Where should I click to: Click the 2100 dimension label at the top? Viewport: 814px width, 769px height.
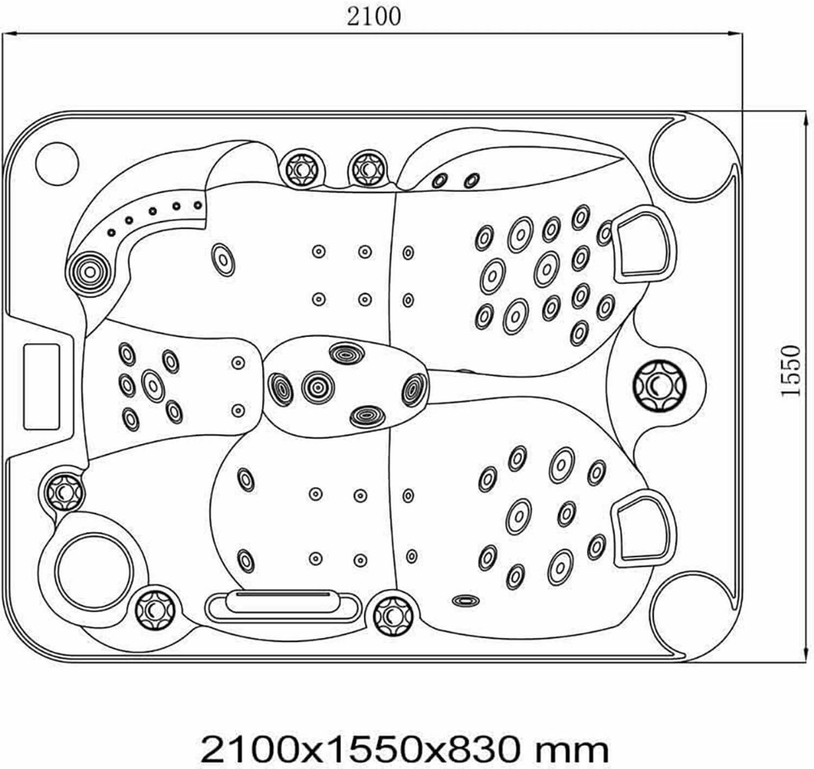[374, 16]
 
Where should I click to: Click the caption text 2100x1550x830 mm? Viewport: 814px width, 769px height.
[404, 749]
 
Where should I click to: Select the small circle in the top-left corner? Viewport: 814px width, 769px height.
[57, 163]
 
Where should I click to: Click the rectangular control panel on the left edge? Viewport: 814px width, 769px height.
[41, 386]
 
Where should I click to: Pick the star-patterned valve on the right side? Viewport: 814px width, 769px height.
[659, 386]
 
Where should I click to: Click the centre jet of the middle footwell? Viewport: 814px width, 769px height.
[317, 387]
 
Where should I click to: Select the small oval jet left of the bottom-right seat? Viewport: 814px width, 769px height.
[466, 600]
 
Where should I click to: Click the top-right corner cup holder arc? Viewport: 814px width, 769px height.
[687, 155]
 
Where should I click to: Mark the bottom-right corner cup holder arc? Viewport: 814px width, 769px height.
[687, 616]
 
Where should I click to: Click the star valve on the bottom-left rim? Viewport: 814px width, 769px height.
[154, 609]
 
